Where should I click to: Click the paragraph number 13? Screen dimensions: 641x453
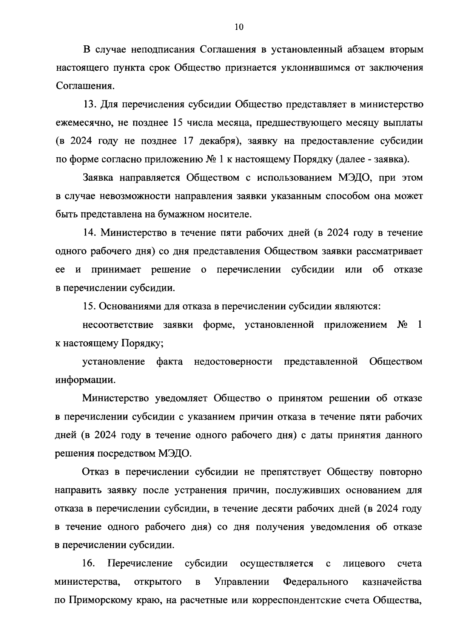[89, 104]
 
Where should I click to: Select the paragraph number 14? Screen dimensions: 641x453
[89, 233]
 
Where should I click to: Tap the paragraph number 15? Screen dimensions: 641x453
[89, 307]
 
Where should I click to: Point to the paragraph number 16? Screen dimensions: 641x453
[88, 564]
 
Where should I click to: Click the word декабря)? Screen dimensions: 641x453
[220, 141]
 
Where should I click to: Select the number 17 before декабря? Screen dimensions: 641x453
[191, 141]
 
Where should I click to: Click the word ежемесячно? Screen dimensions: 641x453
[82, 123]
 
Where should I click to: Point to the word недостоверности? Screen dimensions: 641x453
[233, 362]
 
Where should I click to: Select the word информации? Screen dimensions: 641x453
[85, 380]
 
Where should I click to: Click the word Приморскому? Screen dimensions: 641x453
[99, 601]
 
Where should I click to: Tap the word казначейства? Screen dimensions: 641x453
[392, 582]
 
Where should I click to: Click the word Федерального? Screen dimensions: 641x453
[316, 582]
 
